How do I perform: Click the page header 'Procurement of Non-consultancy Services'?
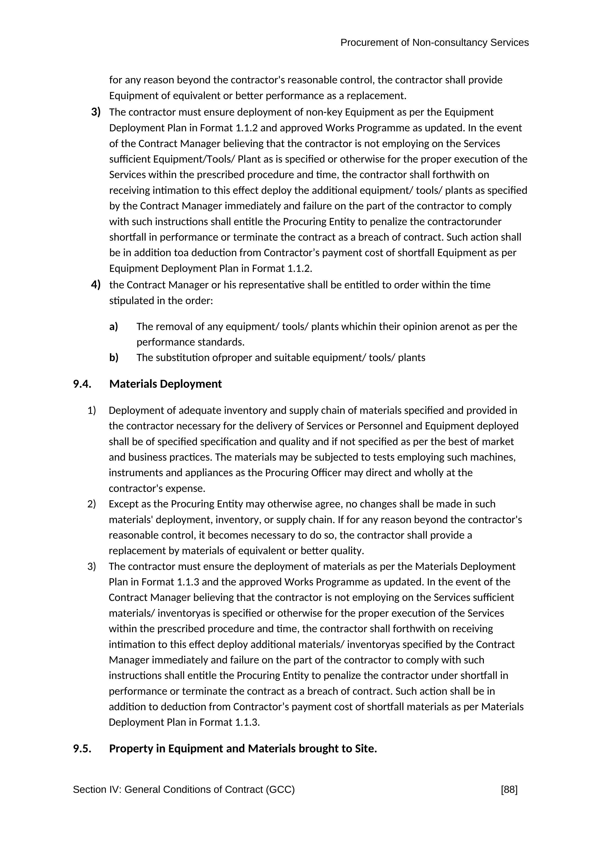tap(434, 43)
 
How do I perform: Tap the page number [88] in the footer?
tap(509, 790)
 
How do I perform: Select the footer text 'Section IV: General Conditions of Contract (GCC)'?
tap(184, 790)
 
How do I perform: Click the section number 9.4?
tap(82, 384)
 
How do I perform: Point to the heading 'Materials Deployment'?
tap(165, 384)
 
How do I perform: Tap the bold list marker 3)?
tap(96, 112)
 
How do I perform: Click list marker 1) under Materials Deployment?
tap(91, 410)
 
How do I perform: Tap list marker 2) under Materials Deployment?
tap(91, 504)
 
